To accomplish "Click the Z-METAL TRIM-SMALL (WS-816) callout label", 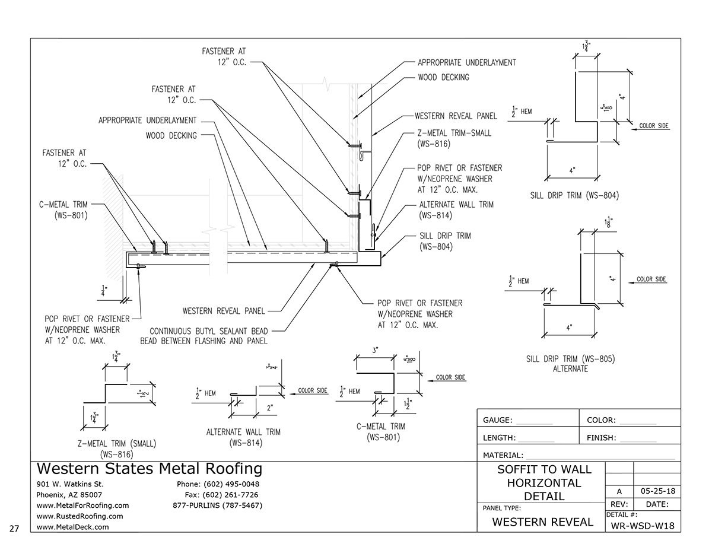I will tap(454, 138).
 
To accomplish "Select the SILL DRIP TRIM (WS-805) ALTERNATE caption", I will tap(557, 363).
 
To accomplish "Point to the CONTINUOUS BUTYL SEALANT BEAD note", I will tap(204, 336).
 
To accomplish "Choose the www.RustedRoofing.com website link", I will tap(80, 516).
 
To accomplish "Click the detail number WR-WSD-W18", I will tap(642, 526).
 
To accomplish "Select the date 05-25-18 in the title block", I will tap(657, 491).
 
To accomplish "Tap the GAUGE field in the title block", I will tap(498, 420).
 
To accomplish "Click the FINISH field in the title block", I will tap(602, 438).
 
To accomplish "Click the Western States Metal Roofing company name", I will tap(149, 469).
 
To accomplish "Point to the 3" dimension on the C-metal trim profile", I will tap(376, 351).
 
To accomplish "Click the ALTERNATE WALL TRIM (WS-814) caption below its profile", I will tap(243, 437).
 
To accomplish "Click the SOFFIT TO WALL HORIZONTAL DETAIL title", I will tap(544, 482).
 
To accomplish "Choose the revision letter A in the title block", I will tap(619, 491).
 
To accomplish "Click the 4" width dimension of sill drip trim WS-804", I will tap(572, 170).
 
